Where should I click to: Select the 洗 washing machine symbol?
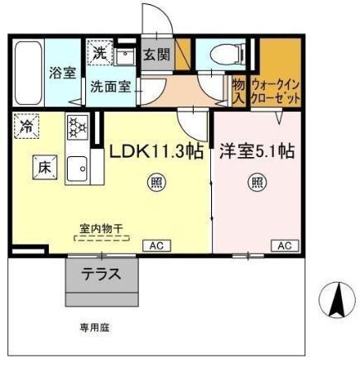(x=99, y=53)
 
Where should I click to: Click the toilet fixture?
(x=224, y=55)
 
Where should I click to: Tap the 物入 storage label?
(x=238, y=90)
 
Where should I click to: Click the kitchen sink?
(x=78, y=165)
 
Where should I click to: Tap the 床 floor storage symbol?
(x=43, y=165)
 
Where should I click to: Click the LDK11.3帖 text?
(x=156, y=151)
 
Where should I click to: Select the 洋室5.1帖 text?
(x=257, y=151)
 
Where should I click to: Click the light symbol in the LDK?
(x=155, y=182)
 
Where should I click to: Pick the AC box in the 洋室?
(x=283, y=246)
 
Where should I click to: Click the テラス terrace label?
(x=100, y=275)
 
